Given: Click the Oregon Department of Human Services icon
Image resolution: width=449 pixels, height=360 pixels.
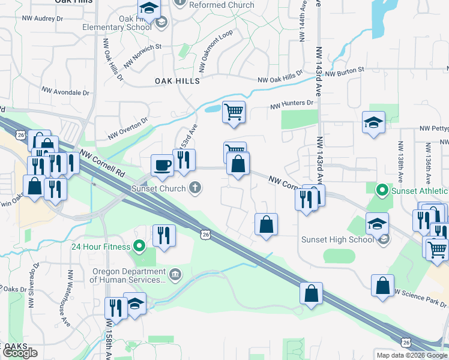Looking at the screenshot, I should (174, 275).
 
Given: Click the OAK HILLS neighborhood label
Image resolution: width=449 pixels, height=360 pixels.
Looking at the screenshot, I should (177, 81).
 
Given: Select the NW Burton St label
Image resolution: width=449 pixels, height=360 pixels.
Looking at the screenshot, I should (345, 72).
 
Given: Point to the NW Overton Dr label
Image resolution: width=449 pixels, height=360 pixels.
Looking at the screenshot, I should (128, 128).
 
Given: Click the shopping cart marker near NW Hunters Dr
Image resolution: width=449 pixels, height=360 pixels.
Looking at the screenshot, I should (234, 111).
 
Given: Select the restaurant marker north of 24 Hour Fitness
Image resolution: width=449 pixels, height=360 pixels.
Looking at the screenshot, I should (163, 235).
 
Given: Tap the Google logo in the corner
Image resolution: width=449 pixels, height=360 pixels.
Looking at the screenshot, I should (20, 353).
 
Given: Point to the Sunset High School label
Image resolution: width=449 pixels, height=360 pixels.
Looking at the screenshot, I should (337, 240).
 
